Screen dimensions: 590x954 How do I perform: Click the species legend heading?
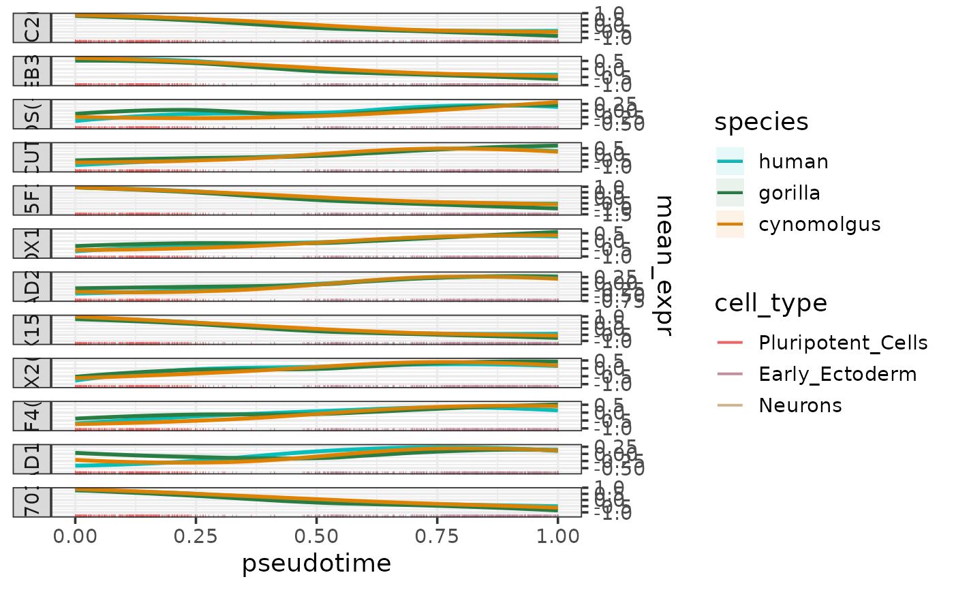[761, 122]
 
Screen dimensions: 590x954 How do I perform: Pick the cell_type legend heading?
[771, 303]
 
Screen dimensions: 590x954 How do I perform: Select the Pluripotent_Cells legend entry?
[843, 343]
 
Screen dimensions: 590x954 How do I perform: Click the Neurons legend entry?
[800, 405]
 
